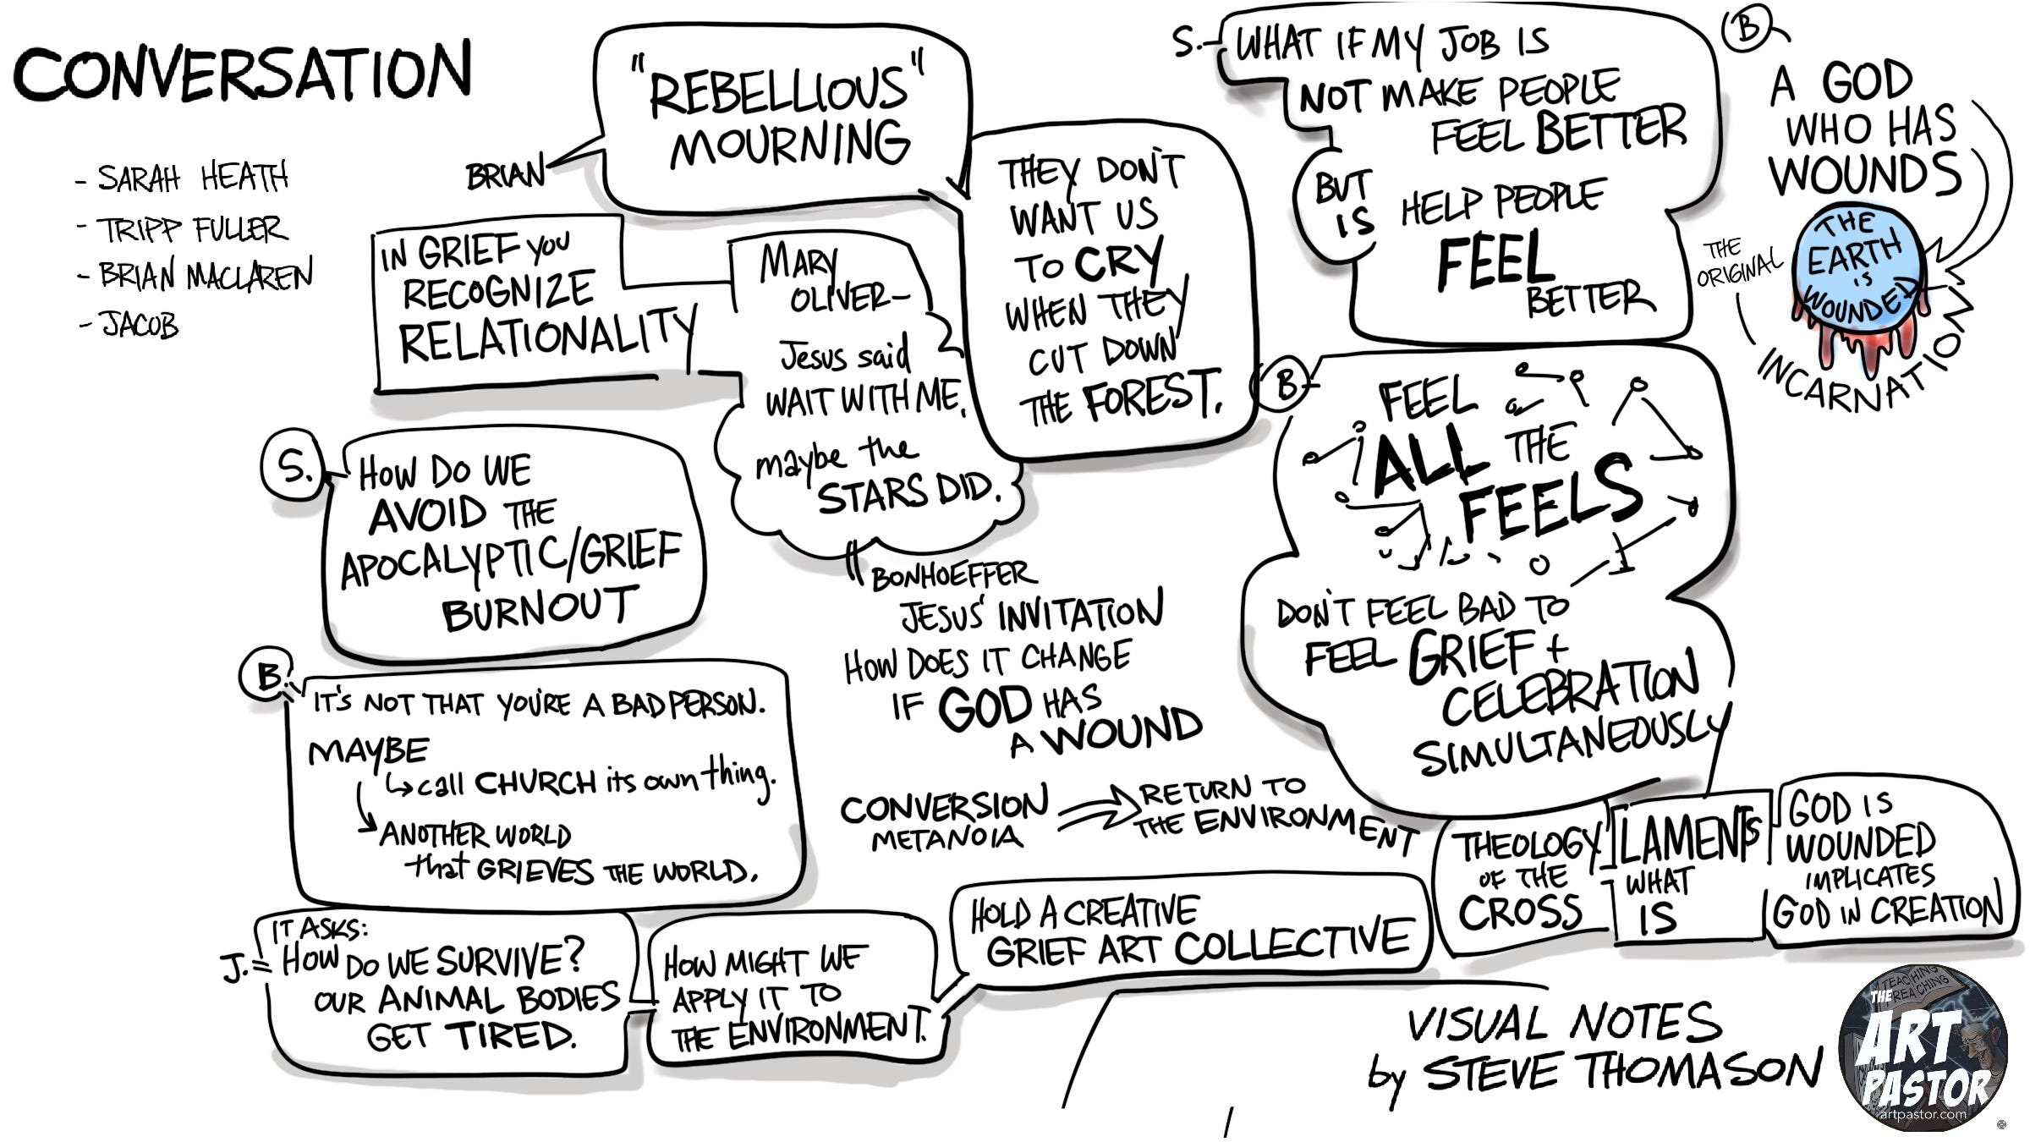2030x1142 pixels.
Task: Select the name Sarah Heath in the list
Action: pos(193,178)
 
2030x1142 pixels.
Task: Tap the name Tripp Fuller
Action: pos(193,229)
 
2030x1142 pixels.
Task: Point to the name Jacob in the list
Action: pos(140,325)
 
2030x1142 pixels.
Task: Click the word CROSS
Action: pos(1519,913)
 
